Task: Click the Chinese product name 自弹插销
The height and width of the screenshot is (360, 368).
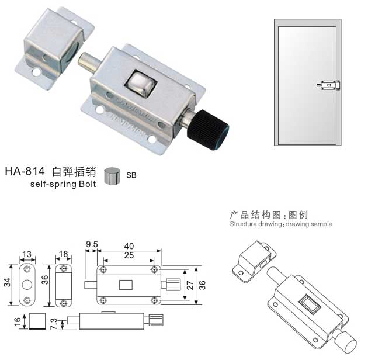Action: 74,172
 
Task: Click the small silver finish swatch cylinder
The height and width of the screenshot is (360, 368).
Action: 112,176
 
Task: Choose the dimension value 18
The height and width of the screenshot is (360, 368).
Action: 63,254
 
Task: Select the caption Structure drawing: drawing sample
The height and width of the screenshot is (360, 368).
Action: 280,224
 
